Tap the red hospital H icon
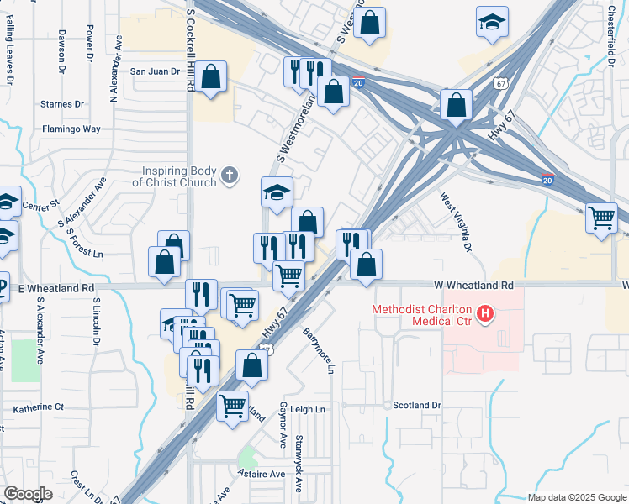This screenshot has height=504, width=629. click(x=484, y=316)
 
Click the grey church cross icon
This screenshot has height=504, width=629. click(x=230, y=176)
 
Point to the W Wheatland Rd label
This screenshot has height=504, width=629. click(x=473, y=286)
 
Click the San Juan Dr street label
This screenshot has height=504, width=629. click(x=155, y=72)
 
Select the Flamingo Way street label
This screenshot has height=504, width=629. click(x=71, y=129)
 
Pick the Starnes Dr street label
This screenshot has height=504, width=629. click(x=62, y=104)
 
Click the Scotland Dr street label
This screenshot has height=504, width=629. click(x=416, y=405)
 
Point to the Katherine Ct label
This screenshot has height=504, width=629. click(x=39, y=407)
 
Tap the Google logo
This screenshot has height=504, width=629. click(x=29, y=494)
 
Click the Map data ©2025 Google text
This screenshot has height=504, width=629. click(x=576, y=497)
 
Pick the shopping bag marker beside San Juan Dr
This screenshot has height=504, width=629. click(x=213, y=78)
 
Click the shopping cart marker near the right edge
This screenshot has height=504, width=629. click(x=602, y=218)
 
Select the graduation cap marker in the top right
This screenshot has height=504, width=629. click(x=492, y=22)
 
